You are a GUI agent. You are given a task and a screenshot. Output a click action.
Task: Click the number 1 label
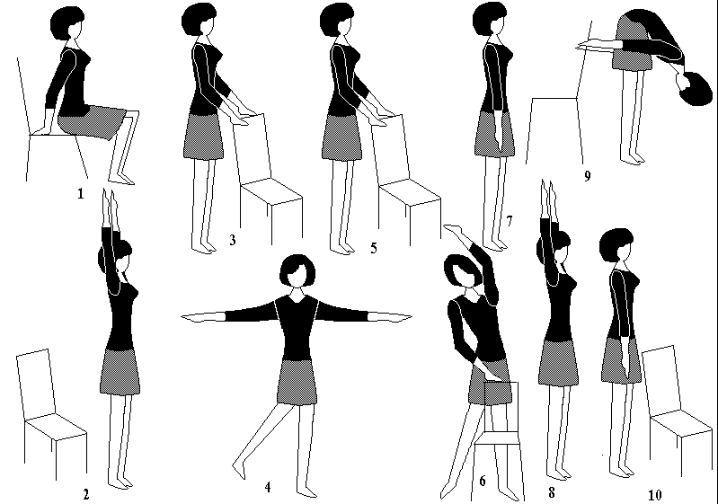pyautogui.click(x=81, y=194)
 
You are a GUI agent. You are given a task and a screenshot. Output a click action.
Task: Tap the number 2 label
pyautogui.click(x=85, y=494)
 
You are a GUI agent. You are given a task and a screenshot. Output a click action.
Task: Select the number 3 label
pyautogui.click(x=233, y=240)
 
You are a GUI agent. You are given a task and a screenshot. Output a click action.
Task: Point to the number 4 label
pyautogui.click(x=268, y=487)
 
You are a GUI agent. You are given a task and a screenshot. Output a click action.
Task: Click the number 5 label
pyautogui.click(x=374, y=248)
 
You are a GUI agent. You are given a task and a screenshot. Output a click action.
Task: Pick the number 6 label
pyautogui.click(x=483, y=481)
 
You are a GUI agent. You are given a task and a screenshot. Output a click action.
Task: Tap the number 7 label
pyautogui.click(x=510, y=221)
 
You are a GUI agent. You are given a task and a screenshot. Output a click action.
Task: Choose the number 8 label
pyautogui.click(x=552, y=492)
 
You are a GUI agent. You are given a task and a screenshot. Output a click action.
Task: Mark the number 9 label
pyautogui.click(x=588, y=176)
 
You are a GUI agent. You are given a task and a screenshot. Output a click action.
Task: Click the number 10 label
pyautogui.click(x=655, y=495)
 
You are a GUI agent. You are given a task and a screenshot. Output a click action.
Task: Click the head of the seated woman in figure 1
pyautogui.click(x=67, y=22)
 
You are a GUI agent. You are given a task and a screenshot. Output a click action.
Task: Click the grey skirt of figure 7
pyautogui.click(x=493, y=134)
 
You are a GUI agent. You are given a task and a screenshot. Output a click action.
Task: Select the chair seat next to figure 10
pyautogui.click(x=681, y=422)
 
